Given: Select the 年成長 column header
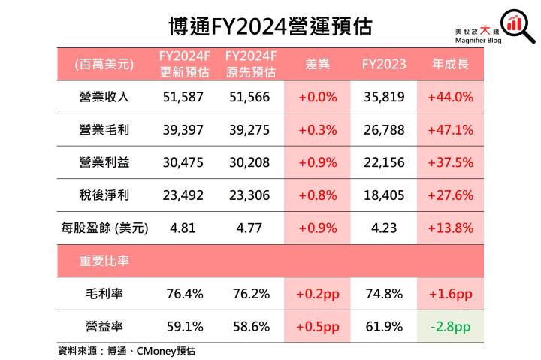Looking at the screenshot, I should coord(449,65).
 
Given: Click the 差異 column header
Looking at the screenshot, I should coord(318,65).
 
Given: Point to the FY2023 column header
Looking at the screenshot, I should coord(383,65).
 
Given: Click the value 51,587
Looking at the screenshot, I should coord(183,97).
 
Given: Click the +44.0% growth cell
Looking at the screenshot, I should coord(449,97).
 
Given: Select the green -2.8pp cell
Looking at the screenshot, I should coord(449,327).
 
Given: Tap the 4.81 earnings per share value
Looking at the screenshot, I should coord(183,227).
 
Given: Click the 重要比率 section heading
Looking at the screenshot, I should coord(104,261).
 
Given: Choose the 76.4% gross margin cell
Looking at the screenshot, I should coord(183,294).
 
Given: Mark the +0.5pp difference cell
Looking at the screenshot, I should coord(318,327).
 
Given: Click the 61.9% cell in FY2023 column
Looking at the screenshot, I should coord(383,327).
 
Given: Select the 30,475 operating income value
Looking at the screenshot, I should coord(183,162).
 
